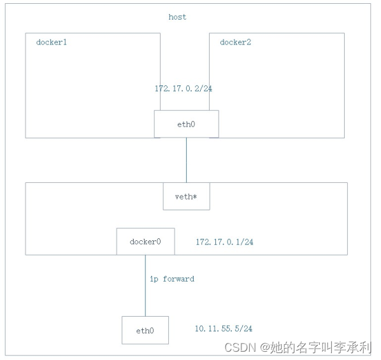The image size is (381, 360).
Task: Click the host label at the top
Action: click(x=177, y=17)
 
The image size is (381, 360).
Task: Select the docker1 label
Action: click(x=52, y=43)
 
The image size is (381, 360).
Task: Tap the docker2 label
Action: click(x=236, y=43)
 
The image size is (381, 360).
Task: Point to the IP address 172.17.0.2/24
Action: click(x=183, y=89)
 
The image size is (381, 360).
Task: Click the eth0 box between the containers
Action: click(x=186, y=124)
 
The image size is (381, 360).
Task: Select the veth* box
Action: click(x=186, y=196)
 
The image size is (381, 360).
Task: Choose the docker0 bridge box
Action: click(x=145, y=241)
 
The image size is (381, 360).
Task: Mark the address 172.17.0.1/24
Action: click(x=224, y=242)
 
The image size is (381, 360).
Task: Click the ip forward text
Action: click(x=171, y=279)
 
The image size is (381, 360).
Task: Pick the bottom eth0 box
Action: click(x=145, y=330)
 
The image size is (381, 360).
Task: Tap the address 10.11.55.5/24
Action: click(x=223, y=329)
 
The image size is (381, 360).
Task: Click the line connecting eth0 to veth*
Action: click(x=186, y=160)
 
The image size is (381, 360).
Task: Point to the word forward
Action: click(x=178, y=279)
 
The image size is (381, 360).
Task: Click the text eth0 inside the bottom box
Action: click(x=145, y=331)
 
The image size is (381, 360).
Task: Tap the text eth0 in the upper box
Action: click(x=186, y=124)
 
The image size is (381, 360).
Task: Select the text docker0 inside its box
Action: click(x=145, y=242)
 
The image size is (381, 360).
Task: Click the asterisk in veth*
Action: click(x=194, y=196)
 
